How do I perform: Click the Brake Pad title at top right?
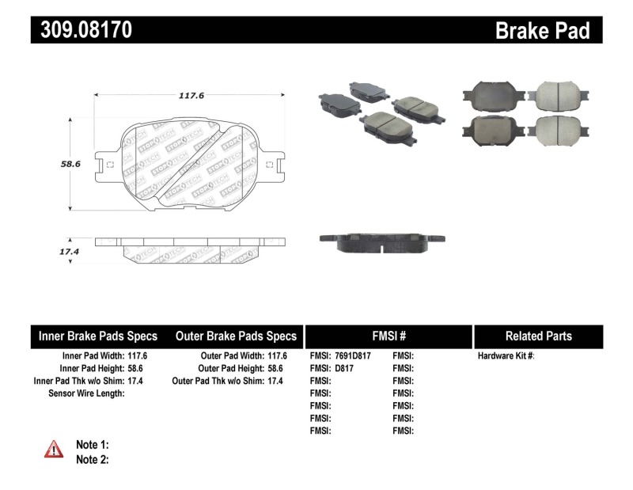pos(542,30)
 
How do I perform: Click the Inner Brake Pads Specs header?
pos(98,336)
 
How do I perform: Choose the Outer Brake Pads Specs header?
pos(236,336)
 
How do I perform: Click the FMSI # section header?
pos(388,336)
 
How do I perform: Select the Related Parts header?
pos(538,336)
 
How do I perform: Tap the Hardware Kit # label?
pos(506,356)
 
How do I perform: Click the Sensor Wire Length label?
pos(86,393)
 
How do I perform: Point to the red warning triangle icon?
pos(54,450)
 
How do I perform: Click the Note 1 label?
pos(92,444)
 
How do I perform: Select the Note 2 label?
pos(92,459)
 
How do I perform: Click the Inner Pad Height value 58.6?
pos(138,368)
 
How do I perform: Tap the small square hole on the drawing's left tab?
pos(110,165)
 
